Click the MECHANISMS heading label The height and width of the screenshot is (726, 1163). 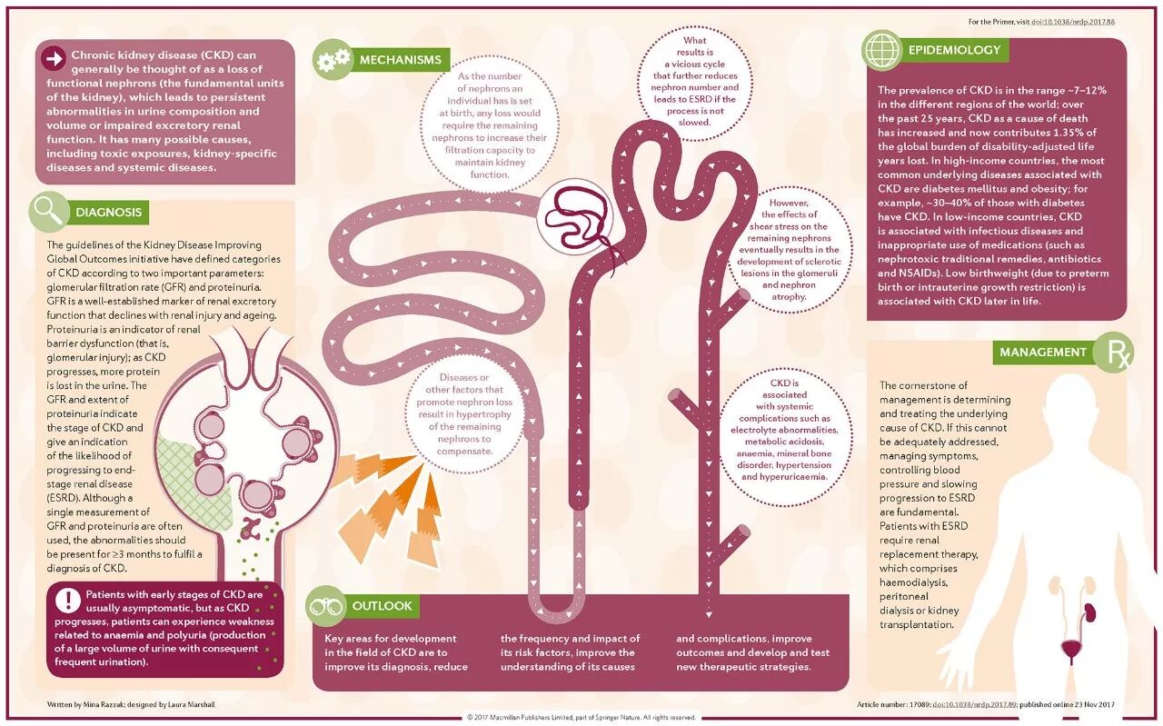pos(401,60)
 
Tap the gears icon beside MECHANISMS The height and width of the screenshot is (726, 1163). pos(332,60)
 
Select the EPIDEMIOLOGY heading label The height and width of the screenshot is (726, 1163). pos(954,50)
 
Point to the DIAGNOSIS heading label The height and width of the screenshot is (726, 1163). pos(108,213)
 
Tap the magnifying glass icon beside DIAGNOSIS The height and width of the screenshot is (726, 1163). pos(47,212)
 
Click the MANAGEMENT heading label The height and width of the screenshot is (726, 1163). pos(1042,352)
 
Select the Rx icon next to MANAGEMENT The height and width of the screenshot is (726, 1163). pos(1113,353)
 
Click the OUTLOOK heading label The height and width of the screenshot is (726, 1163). pos(382,605)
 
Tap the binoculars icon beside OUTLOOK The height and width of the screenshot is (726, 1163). pos(326,605)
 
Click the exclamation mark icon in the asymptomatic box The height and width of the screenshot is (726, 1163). pos(67,600)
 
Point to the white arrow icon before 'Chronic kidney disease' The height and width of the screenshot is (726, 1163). pos(54,59)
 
